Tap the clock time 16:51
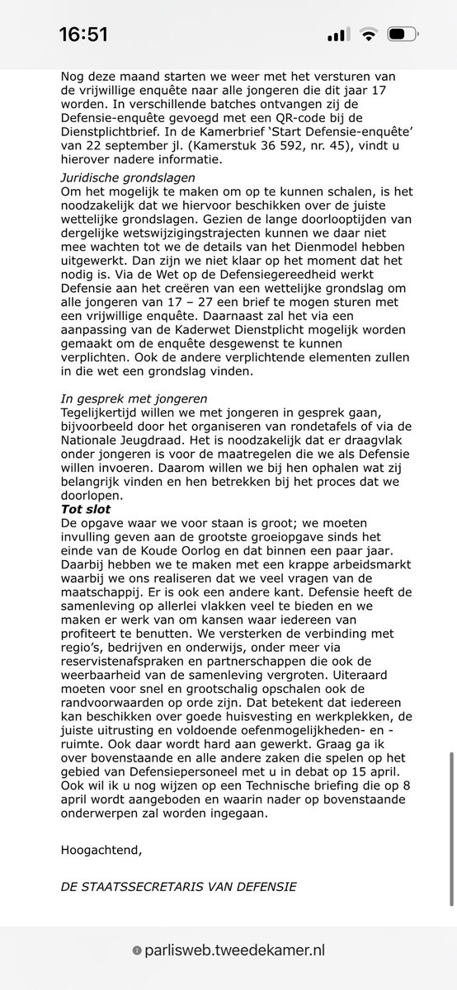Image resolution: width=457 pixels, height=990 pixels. pos(82,35)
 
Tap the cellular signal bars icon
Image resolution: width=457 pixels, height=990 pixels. pos(339,35)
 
